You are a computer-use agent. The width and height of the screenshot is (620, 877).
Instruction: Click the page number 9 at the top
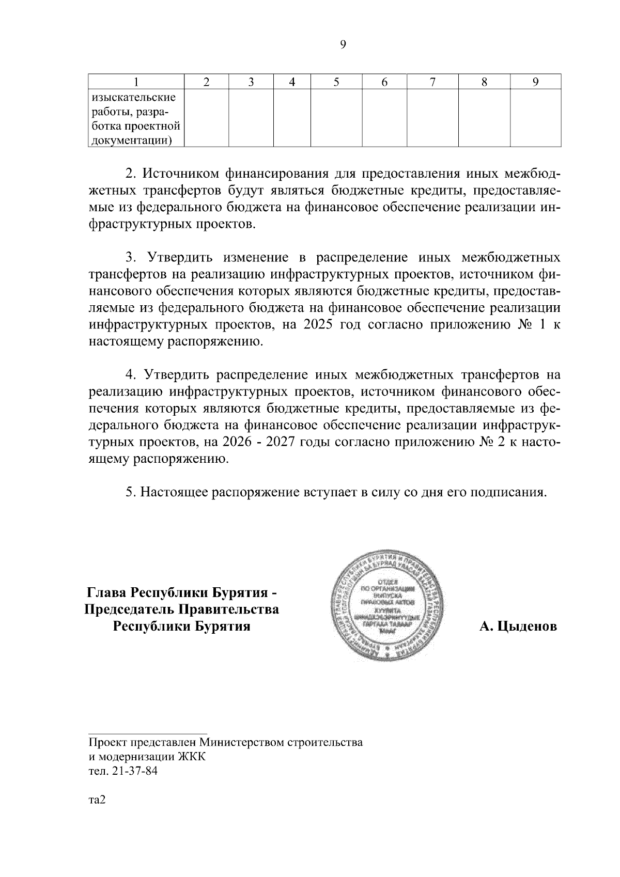[343, 45]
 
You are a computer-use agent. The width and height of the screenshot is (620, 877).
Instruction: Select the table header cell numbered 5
[336, 82]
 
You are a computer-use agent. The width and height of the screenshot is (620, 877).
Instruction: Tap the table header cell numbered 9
[535, 82]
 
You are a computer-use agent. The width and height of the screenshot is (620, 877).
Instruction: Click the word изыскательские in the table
[133, 97]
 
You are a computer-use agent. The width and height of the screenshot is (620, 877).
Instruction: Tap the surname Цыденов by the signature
[518, 627]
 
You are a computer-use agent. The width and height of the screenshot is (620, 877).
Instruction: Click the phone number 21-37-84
[131, 772]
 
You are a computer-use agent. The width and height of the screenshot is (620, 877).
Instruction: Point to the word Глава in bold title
[106, 591]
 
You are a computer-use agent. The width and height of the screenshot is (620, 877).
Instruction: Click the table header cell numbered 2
[207, 82]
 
